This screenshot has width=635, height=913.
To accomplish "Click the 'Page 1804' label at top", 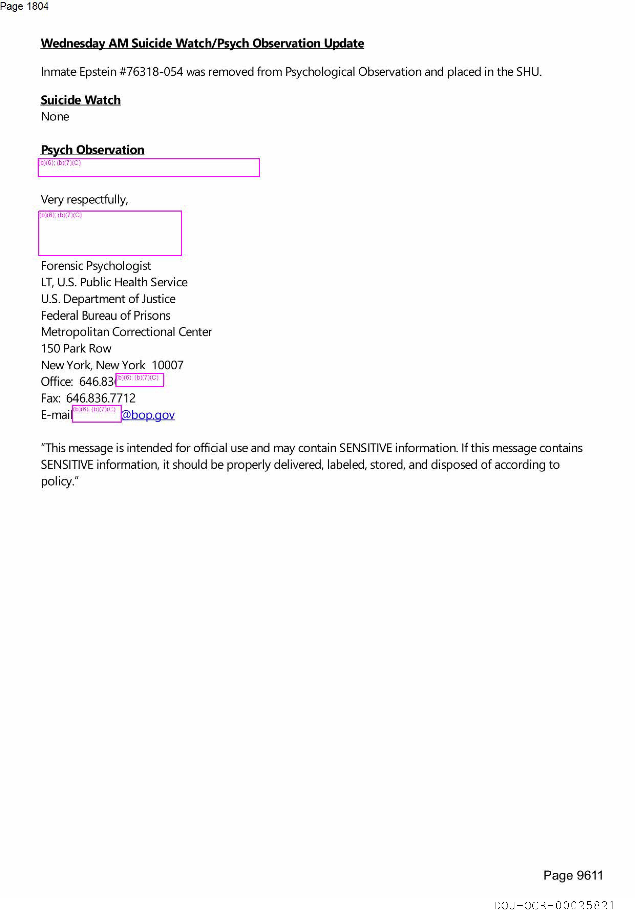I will click(x=24, y=6).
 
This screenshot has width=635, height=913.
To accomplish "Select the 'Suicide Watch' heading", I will click(x=80, y=100).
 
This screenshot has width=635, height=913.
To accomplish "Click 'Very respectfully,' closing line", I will click(x=84, y=199).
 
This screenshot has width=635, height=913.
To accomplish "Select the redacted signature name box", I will click(x=110, y=233).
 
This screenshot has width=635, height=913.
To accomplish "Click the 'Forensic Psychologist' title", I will click(x=96, y=266).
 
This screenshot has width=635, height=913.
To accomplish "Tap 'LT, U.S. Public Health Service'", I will click(x=114, y=282).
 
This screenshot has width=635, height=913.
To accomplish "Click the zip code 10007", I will click(x=167, y=365).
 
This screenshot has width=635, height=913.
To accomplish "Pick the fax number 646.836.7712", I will click(x=101, y=398).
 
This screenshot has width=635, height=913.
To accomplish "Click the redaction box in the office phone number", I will click(x=140, y=380).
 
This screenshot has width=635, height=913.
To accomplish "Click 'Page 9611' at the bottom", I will click(x=573, y=875).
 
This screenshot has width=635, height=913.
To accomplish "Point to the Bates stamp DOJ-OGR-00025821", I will click(x=554, y=905).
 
